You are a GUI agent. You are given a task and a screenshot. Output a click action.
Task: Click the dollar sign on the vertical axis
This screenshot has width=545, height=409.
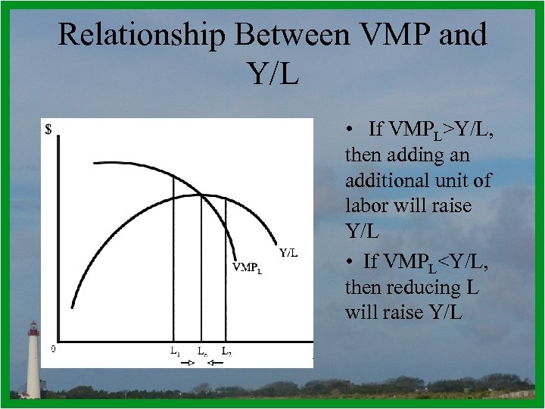click(x=48, y=130)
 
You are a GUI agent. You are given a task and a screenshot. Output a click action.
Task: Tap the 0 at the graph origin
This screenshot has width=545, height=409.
click(x=52, y=349)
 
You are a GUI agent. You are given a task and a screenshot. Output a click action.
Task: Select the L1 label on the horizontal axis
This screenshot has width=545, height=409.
click(x=174, y=351)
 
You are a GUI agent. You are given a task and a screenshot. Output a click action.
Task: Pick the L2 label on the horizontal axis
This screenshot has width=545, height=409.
click(x=226, y=351)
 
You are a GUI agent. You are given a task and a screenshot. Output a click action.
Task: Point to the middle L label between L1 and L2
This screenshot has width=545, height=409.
click(x=202, y=351)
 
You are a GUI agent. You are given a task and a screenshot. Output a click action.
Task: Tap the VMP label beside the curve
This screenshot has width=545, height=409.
click(x=247, y=267)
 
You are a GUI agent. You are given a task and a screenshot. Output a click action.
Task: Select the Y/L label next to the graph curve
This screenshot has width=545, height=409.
click(x=288, y=253)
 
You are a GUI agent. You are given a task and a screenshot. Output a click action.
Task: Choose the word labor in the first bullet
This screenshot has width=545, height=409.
click(x=366, y=206)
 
